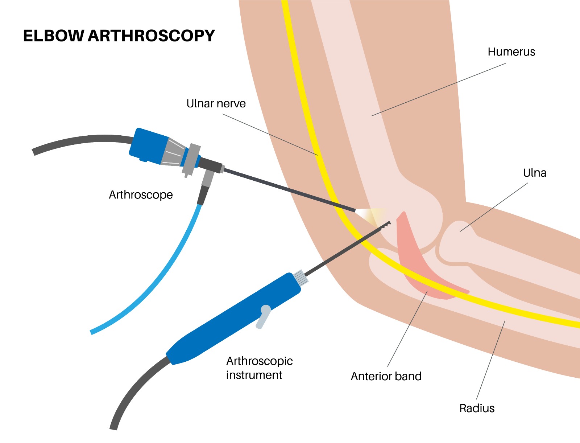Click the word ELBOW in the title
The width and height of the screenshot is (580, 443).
(54, 36)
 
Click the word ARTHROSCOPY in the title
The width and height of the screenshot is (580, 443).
(152, 36)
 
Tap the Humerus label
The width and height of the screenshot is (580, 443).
(511, 52)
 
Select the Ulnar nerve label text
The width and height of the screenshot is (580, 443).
(216, 103)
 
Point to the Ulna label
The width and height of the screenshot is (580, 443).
(535, 173)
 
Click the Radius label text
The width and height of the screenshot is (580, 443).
(477, 409)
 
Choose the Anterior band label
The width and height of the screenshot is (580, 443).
(386, 376)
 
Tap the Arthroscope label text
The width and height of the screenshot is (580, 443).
(141, 195)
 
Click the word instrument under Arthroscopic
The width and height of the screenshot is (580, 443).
(254, 375)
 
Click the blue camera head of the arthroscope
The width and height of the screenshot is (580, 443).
(148, 146)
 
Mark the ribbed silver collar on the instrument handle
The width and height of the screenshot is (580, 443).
(301, 278)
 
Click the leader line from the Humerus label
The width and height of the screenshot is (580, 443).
(439, 90)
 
